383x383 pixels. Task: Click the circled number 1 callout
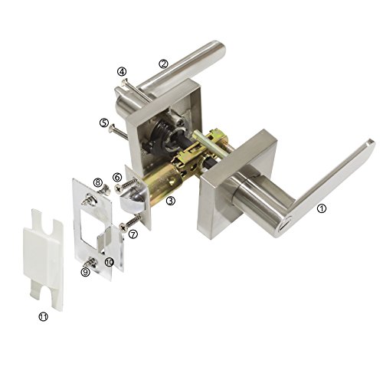pyautogui.click(x=322, y=208)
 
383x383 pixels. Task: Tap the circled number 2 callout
pyautogui.click(x=163, y=64)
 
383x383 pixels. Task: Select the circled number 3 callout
pyautogui.click(x=171, y=201)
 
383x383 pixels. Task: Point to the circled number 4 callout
pyautogui.click(x=122, y=72)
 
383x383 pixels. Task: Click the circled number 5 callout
pyautogui.click(x=104, y=123)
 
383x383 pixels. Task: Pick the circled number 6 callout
pyautogui.click(x=117, y=177)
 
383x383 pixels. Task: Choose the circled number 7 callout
pyautogui.click(x=133, y=234)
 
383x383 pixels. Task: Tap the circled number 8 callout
pyautogui.click(x=98, y=182)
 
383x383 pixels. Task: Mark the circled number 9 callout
pyautogui.click(x=85, y=273)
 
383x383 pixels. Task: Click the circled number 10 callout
pyautogui.click(x=109, y=262)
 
